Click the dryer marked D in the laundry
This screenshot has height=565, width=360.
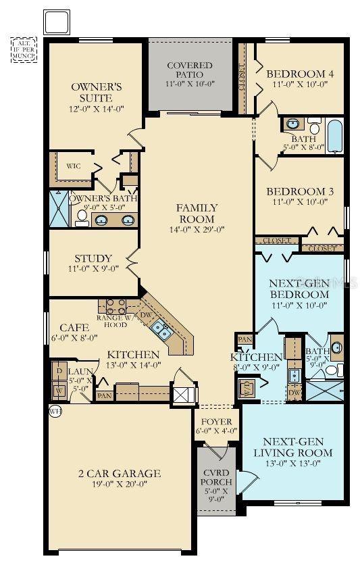pyautogui.click(x=58, y=372)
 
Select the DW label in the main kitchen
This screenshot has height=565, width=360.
pyautogui.click(x=147, y=315)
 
